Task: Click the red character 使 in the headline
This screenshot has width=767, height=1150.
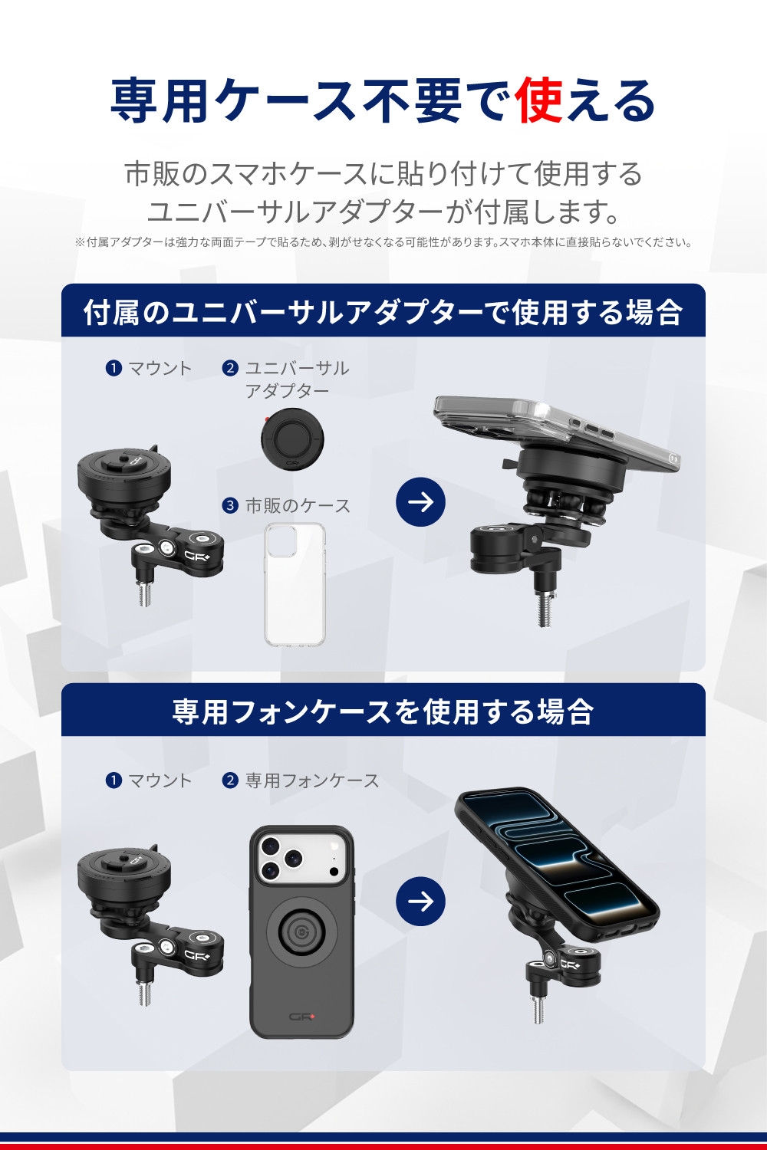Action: pos(539,100)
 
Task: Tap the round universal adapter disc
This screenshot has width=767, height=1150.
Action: pos(292,440)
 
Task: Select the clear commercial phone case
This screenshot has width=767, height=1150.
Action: pos(295,584)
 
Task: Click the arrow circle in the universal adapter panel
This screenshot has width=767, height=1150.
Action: pos(421,501)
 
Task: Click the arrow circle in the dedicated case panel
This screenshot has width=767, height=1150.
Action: pos(421,901)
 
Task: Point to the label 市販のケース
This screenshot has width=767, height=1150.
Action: pos(298,506)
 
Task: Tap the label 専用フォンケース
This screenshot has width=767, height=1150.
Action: pos(312,780)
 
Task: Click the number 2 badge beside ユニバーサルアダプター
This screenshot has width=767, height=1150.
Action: pos(230,368)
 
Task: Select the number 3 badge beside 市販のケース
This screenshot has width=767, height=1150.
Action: pos(230,506)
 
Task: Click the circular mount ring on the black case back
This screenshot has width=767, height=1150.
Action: pos(301,930)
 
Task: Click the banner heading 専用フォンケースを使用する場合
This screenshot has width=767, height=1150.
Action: pos(383,711)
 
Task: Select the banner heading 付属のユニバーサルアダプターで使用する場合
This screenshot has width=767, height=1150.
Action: pos(383,312)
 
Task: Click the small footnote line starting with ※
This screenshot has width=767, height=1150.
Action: pos(383,242)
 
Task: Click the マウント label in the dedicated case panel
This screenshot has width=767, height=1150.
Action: pos(160,780)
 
